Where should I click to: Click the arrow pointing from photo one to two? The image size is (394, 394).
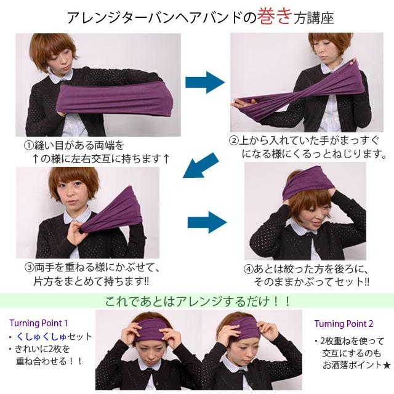pyautogui.click(x=204, y=82)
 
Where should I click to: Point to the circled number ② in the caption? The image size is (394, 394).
pyautogui.click(x=233, y=140)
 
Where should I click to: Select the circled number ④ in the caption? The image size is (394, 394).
pyautogui.click(x=247, y=269)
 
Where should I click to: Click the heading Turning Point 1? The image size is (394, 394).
pyautogui.click(x=38, y=323)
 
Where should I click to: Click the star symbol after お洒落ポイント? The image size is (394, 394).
pyautogui.click(x=386, y=366)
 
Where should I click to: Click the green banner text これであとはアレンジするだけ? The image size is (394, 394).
pyautogui.click(x=198, y=302)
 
